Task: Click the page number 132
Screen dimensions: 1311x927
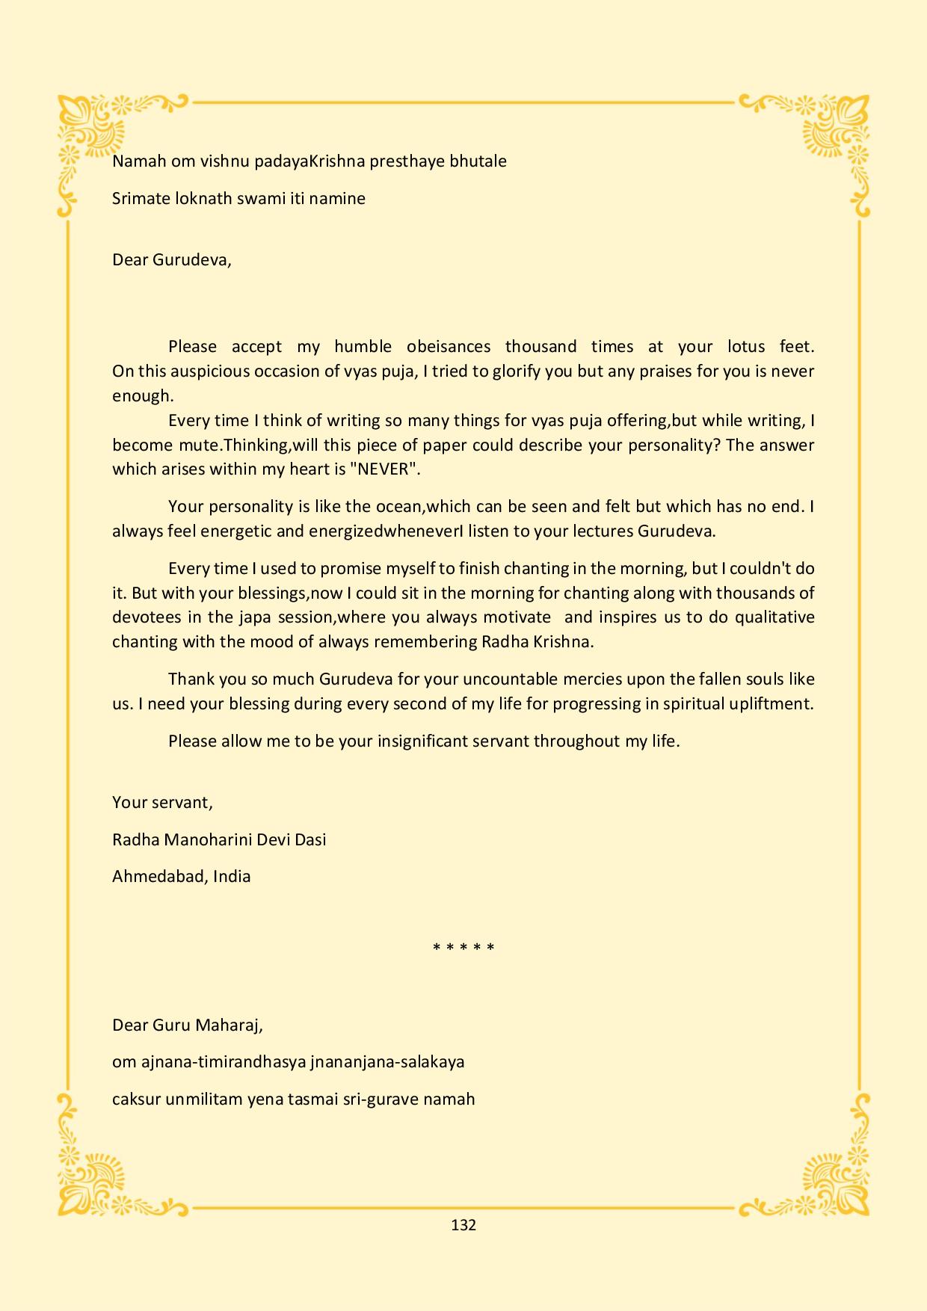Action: point(463,1225)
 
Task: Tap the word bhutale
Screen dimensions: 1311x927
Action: point(478,161)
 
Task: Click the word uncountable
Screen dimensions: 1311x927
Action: point(510,679)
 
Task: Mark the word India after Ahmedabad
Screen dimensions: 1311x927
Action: point(232,877)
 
